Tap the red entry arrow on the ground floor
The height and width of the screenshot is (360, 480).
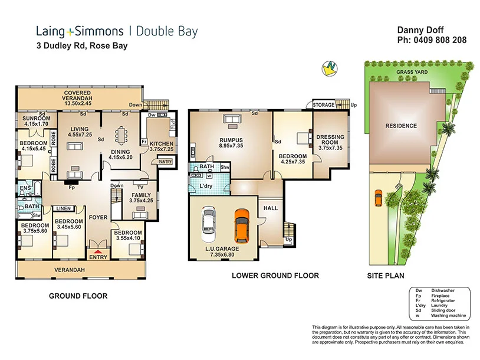(98, 253)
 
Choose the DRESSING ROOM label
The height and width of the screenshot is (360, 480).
(330, 140)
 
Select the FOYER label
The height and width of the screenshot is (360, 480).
(98, 217)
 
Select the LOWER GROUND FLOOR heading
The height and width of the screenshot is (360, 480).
(275, 276)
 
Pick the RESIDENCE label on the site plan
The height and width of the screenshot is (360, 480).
(401, 126)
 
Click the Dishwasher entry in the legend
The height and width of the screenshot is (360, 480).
(439, 290)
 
